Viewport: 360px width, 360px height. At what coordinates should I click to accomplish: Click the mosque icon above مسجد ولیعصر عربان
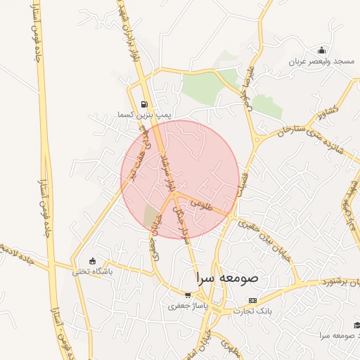(321, 50)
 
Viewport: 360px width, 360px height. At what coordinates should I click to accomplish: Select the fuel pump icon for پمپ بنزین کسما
(145, 103)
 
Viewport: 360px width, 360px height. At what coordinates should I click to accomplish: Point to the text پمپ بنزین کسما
(145, 113)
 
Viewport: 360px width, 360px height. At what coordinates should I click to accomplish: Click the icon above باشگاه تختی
(92, 261)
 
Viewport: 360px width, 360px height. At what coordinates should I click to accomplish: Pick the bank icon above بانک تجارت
(252, 300)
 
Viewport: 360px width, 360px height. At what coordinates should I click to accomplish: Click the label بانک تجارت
(253, 310)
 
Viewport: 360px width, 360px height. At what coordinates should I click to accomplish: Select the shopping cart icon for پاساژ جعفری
(187, 295)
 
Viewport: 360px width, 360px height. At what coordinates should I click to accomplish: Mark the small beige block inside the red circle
(151, 215)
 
